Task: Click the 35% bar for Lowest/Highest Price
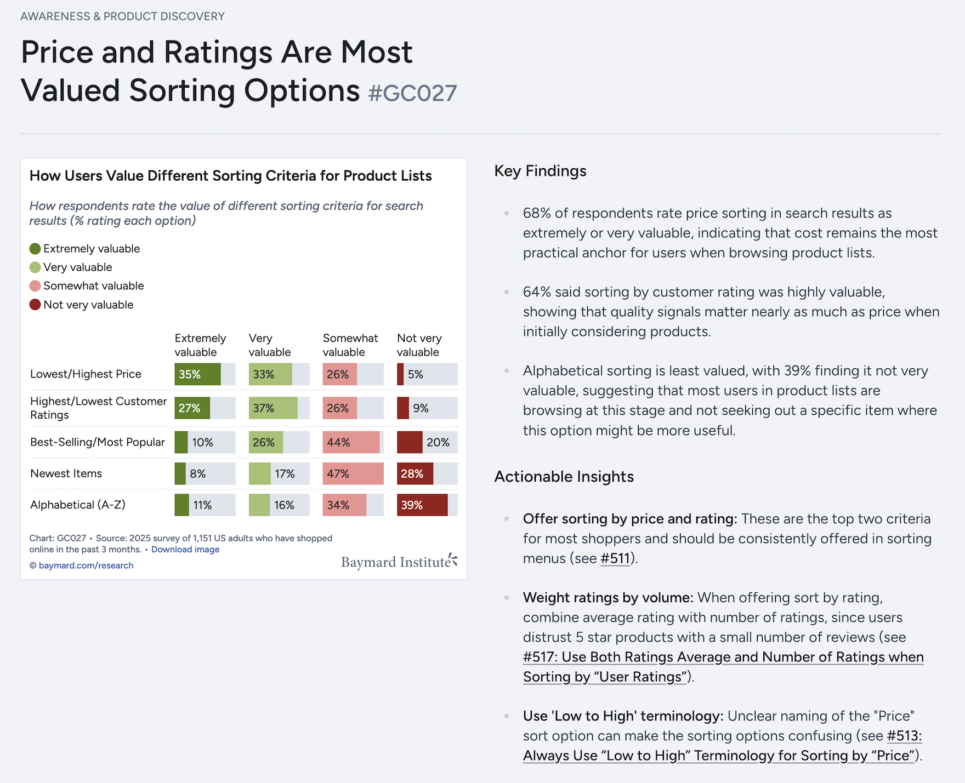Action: coord(197,374)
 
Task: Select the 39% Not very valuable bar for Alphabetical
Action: coord(422,505)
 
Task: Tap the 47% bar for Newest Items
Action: coord(353,474)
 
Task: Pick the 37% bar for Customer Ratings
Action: coord(273,408)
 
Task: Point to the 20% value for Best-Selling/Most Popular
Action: coord(438,443)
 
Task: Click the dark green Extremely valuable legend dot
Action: coord(35,249)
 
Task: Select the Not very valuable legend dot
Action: coord(35,305)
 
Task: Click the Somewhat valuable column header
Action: coord(350,345)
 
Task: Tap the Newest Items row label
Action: coord(66,473)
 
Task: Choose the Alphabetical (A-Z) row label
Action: coord(78,505)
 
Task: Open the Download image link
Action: coord(185,550)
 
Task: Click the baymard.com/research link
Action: coord(86,565)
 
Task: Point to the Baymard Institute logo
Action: coord(399,562)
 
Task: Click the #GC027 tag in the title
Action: coord(412,93)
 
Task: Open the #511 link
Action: coord(615,558)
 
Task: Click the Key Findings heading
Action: coord(540,171)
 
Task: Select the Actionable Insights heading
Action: coord(564,477)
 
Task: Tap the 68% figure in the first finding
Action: coord(536,213)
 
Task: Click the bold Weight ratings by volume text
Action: coord(608,597)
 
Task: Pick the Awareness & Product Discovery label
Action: coord(122,16)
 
